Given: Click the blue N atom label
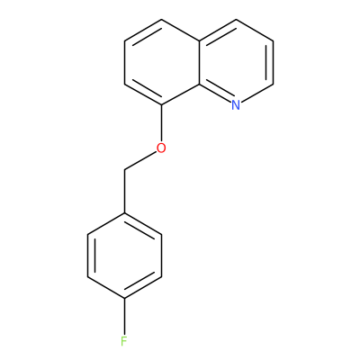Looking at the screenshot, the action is tap(236, 105).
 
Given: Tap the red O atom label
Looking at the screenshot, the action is tap(161, 148).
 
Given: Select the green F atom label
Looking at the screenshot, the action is tap(124, 341).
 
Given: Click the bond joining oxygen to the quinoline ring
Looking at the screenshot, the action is tap(162, 123).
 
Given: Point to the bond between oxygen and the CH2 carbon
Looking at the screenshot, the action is tap(140, 161).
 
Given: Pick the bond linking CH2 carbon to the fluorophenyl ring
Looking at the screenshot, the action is tap(124, 192).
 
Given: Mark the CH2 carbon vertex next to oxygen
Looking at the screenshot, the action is tap(124, 170).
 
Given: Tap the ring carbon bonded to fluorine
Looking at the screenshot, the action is tap(124, 298).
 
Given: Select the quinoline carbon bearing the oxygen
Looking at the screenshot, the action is tap(162, 105).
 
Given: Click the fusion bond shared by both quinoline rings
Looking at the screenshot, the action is tap(199, 62).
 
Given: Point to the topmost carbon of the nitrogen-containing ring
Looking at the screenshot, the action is tap(236, 20).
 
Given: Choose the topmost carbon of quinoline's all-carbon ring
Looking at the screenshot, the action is tap(162, 20).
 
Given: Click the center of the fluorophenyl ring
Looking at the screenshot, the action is tap(124, 256).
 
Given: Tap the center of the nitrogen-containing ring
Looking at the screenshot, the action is tap(236, 62).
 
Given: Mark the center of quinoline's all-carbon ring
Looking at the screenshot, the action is tap(162, 62).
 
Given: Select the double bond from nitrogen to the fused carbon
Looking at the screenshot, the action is tap(215, 94).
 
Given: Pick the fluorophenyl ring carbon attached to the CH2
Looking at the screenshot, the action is tap(124, 213).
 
